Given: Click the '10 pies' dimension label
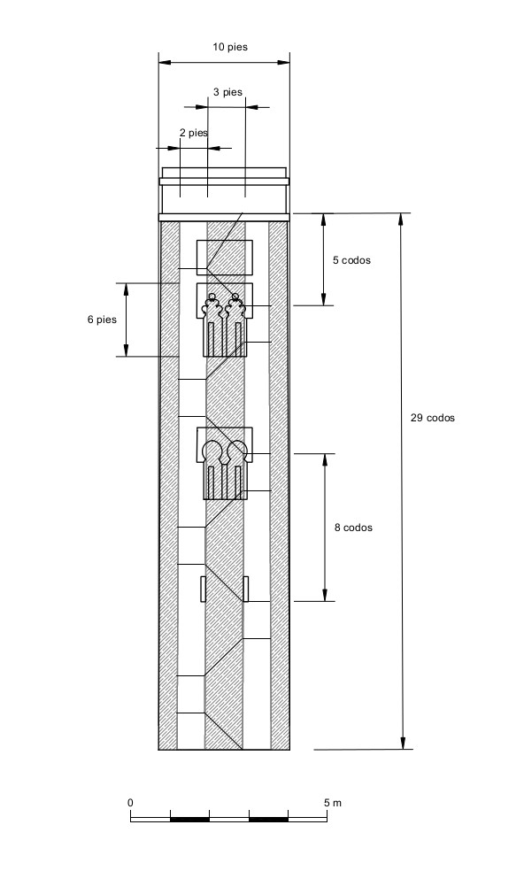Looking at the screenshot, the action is click(x=230, y=47).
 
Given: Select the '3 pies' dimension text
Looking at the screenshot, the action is click(x=227, y=92).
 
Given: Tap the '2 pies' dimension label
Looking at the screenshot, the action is click(x=193, y=133).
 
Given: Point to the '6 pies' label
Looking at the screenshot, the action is click(x=103, y=320).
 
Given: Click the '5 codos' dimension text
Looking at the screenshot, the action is click(x=351, y=260).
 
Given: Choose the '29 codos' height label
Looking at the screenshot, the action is click(x=433, y=418).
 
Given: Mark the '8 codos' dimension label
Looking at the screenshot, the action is click(x=353, y=528).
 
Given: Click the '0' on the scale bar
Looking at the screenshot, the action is click(x=131, y=803).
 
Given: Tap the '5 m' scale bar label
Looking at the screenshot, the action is click(x=333, y=803).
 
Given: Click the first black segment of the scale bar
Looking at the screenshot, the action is click(x=189, y=819).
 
